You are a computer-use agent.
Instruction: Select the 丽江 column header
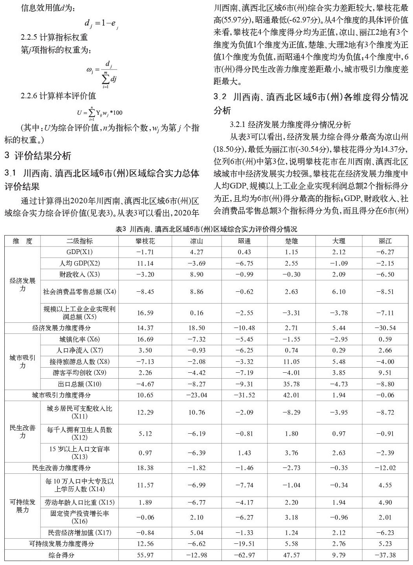point(385,241)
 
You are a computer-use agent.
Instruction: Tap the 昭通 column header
point(244,241)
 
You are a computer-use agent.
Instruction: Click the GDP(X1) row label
point(79,252)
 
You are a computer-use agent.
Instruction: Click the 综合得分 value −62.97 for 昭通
point(244,555)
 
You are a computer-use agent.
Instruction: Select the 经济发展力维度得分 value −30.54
point(385,328)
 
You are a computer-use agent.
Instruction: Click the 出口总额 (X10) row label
point(79,384)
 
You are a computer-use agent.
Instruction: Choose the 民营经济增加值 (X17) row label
point(79,533)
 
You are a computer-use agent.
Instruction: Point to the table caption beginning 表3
point(206,229)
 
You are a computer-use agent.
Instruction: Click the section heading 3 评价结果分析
point(38,156)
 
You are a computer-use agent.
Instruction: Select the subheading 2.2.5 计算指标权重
point(54,38)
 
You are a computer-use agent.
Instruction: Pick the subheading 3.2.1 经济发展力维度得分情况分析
point(290,125)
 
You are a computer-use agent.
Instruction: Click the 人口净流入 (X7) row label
point(79,350)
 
